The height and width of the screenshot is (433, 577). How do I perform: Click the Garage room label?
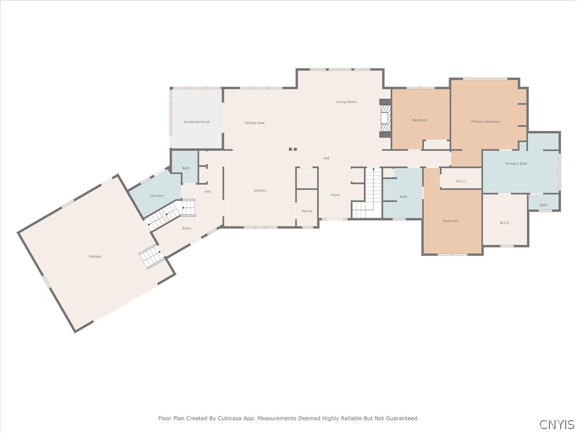(x=95, y=257)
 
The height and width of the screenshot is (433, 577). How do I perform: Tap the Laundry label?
(x=157, y=196)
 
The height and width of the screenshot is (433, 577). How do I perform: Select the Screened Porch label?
(x=197, y=122)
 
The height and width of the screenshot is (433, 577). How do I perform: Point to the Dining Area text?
(x=255, y=123)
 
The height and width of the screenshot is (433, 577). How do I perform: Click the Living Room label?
(x=347, y=101)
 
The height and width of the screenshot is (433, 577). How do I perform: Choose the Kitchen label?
(x=260, y=191)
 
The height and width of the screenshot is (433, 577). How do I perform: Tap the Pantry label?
(x=307, y=211)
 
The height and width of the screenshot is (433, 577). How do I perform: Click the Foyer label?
(x=335, y=195)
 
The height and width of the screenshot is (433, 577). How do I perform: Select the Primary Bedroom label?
(x=485, y=122)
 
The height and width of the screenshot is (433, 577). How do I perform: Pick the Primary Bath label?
(x=516, y=164)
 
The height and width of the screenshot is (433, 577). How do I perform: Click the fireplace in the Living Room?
(x=385, y=118)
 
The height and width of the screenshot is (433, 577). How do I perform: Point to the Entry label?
(x=187, y=228)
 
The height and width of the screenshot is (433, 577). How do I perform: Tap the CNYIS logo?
(x=556, y=424)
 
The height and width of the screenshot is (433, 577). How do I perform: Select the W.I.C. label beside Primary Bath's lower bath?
(x=505, y=223)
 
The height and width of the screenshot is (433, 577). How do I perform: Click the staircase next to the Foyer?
(x=367, y=193)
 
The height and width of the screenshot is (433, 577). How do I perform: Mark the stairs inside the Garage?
(x=151, y=256)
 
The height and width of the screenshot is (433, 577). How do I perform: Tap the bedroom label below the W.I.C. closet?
(x=450, y=221)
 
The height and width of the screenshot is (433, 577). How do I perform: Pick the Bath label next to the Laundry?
(x=186, y=168)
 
